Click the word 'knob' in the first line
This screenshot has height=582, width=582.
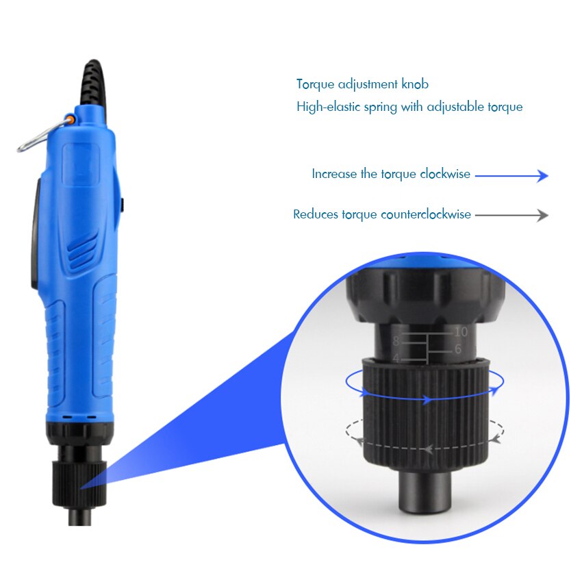[x=415, y=85]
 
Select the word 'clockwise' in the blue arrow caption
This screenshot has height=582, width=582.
[x=445, y=174]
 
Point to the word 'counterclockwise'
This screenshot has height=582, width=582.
[x=425, y=214]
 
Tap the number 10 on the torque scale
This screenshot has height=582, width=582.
[x=460, y=332]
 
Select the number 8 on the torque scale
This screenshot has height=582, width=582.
[x=396, y=340]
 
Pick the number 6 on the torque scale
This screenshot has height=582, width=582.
[x=457, y=350]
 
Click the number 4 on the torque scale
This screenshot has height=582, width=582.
[x=396, y=358]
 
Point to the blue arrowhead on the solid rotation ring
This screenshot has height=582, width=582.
[x=427, y=398]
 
